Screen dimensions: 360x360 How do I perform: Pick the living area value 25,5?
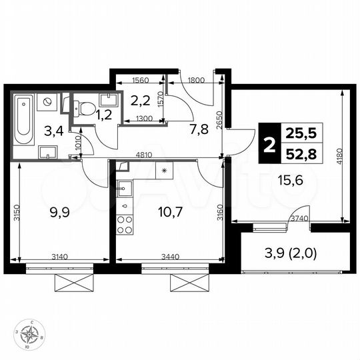click(300, 133)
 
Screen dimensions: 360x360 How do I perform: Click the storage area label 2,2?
click(140, 102)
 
